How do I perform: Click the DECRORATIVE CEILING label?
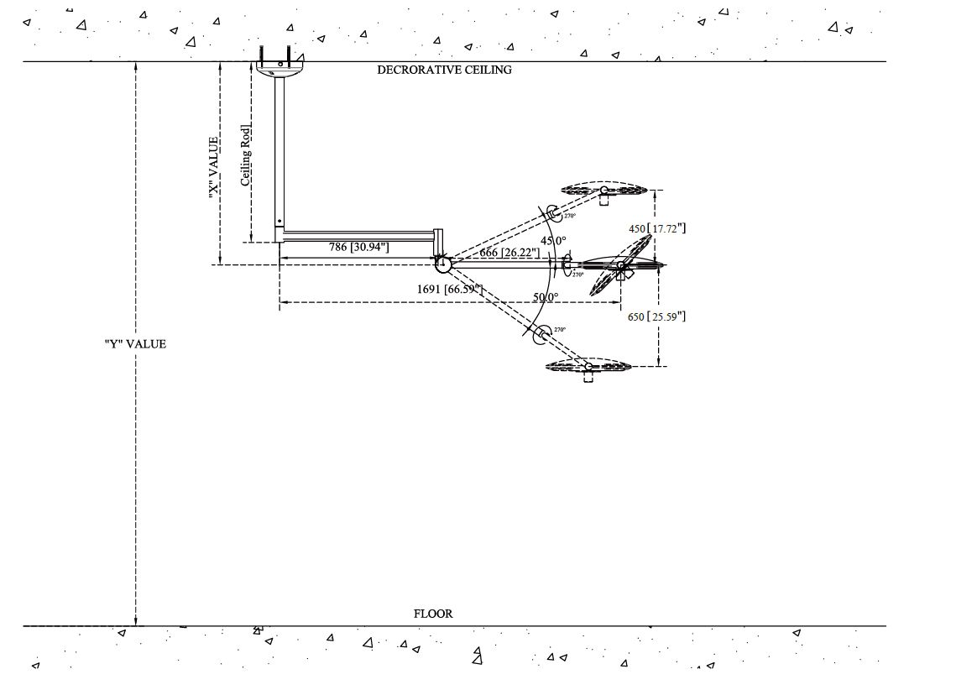point(444,70)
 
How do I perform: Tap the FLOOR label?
point(433,614)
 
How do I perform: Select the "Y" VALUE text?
point(135,343)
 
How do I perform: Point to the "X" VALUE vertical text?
point(214,167)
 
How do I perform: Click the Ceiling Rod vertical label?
point(246,155)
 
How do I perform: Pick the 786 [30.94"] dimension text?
point(358,247)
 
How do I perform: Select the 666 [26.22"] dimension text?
point(509,253)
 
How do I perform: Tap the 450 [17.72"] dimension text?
point(658,227)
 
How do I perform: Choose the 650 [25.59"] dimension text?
point(657,316)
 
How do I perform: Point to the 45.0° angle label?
point(553,241)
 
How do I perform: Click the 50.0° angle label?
point(546,297)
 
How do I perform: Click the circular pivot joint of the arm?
point(443,264)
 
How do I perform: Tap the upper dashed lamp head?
point(603,191)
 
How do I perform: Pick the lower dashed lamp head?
point(588,366)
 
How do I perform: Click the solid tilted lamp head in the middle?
point(623,265)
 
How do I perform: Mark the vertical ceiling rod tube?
point(279,151)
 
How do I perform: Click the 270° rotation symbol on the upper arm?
point(554,212)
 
